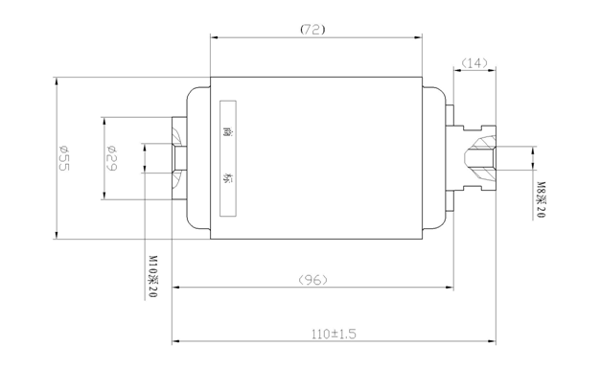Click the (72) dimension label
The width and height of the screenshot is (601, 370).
click(312, 29)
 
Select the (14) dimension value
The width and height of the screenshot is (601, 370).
click(474, 63)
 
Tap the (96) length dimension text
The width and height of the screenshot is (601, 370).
click(312, 280)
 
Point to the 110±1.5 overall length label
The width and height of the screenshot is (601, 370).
click(333, 334)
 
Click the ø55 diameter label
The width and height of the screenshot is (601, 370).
click(64, 158)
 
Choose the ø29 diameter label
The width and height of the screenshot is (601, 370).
click(111, 157)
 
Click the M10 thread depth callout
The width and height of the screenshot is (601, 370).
click(153, 277)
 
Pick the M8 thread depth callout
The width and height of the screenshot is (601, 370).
click(541, 199)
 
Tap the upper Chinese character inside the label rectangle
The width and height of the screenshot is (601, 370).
click(229, 132)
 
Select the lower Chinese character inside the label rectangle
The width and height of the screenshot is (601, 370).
click(229, 178)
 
